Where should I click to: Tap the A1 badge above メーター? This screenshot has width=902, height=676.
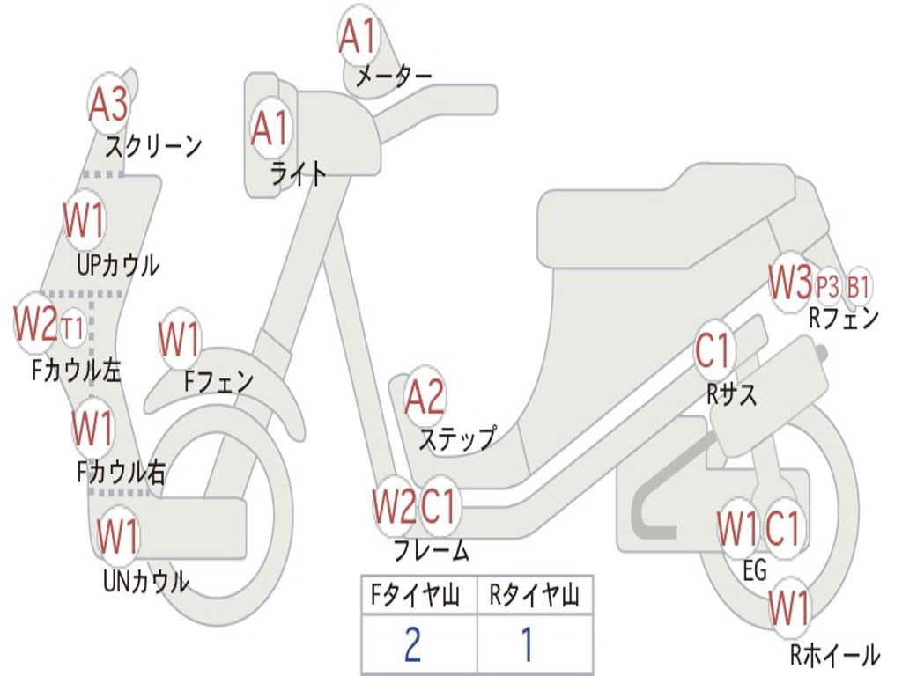[x=359, y=36]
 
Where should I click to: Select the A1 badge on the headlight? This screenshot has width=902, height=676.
[x=270, y=129]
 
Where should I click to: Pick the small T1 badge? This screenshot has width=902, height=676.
[x=74, y=328]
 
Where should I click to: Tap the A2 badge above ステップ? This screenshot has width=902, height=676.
[x=425, y=397]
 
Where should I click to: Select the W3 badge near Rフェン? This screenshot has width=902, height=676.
[x=789, y=283]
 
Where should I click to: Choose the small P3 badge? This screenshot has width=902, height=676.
[x=828, y=287]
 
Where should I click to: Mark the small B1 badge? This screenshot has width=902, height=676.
[x=859, y=287]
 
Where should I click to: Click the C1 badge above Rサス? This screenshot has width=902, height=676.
[x=713, y=351]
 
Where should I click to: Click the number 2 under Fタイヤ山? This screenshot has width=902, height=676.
[x=412, y=644]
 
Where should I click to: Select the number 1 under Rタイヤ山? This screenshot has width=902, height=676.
[x=527, y=644]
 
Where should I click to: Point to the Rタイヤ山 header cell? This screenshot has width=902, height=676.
[x=535, y=597]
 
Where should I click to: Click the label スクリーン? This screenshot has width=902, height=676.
[x=153, y=145]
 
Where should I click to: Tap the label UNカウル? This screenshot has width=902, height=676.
[x=146, y=581]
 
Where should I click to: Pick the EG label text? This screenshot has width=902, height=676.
[x=756, y=571]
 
